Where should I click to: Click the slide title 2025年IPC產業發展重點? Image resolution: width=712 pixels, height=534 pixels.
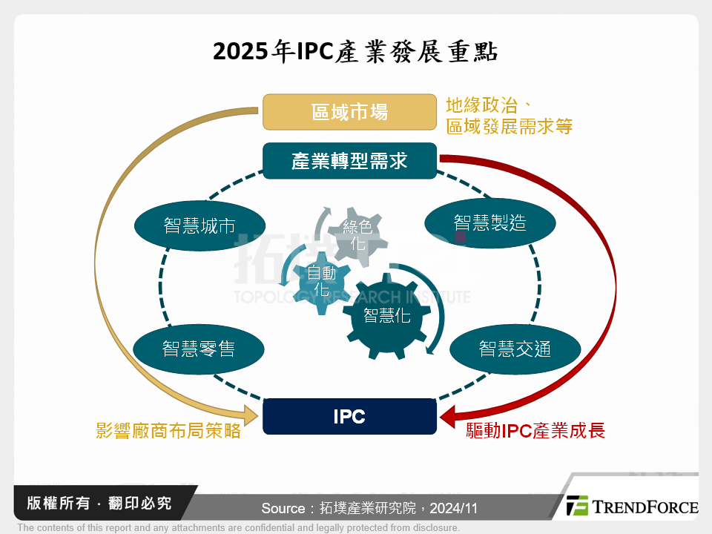click(355, 53)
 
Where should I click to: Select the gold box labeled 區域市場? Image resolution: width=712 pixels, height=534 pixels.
click(349, 112)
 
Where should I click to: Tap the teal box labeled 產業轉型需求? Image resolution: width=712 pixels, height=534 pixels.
click(349, 160)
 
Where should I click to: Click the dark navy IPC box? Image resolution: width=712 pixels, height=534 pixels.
click(349, 416)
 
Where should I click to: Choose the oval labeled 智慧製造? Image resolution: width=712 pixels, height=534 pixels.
click(489, 222)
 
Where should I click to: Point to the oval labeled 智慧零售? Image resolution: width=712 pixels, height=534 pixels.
click(198, 348)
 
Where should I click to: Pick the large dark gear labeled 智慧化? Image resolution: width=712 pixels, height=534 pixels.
click(386, 315)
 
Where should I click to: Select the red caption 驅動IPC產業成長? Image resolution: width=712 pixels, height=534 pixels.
click(535, 431)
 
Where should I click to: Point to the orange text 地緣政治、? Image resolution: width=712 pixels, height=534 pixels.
click(491, 105)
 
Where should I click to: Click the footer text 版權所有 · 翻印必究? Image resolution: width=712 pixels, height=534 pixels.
click(99, 504)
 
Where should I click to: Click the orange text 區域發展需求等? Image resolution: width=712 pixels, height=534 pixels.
click(509, 126)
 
